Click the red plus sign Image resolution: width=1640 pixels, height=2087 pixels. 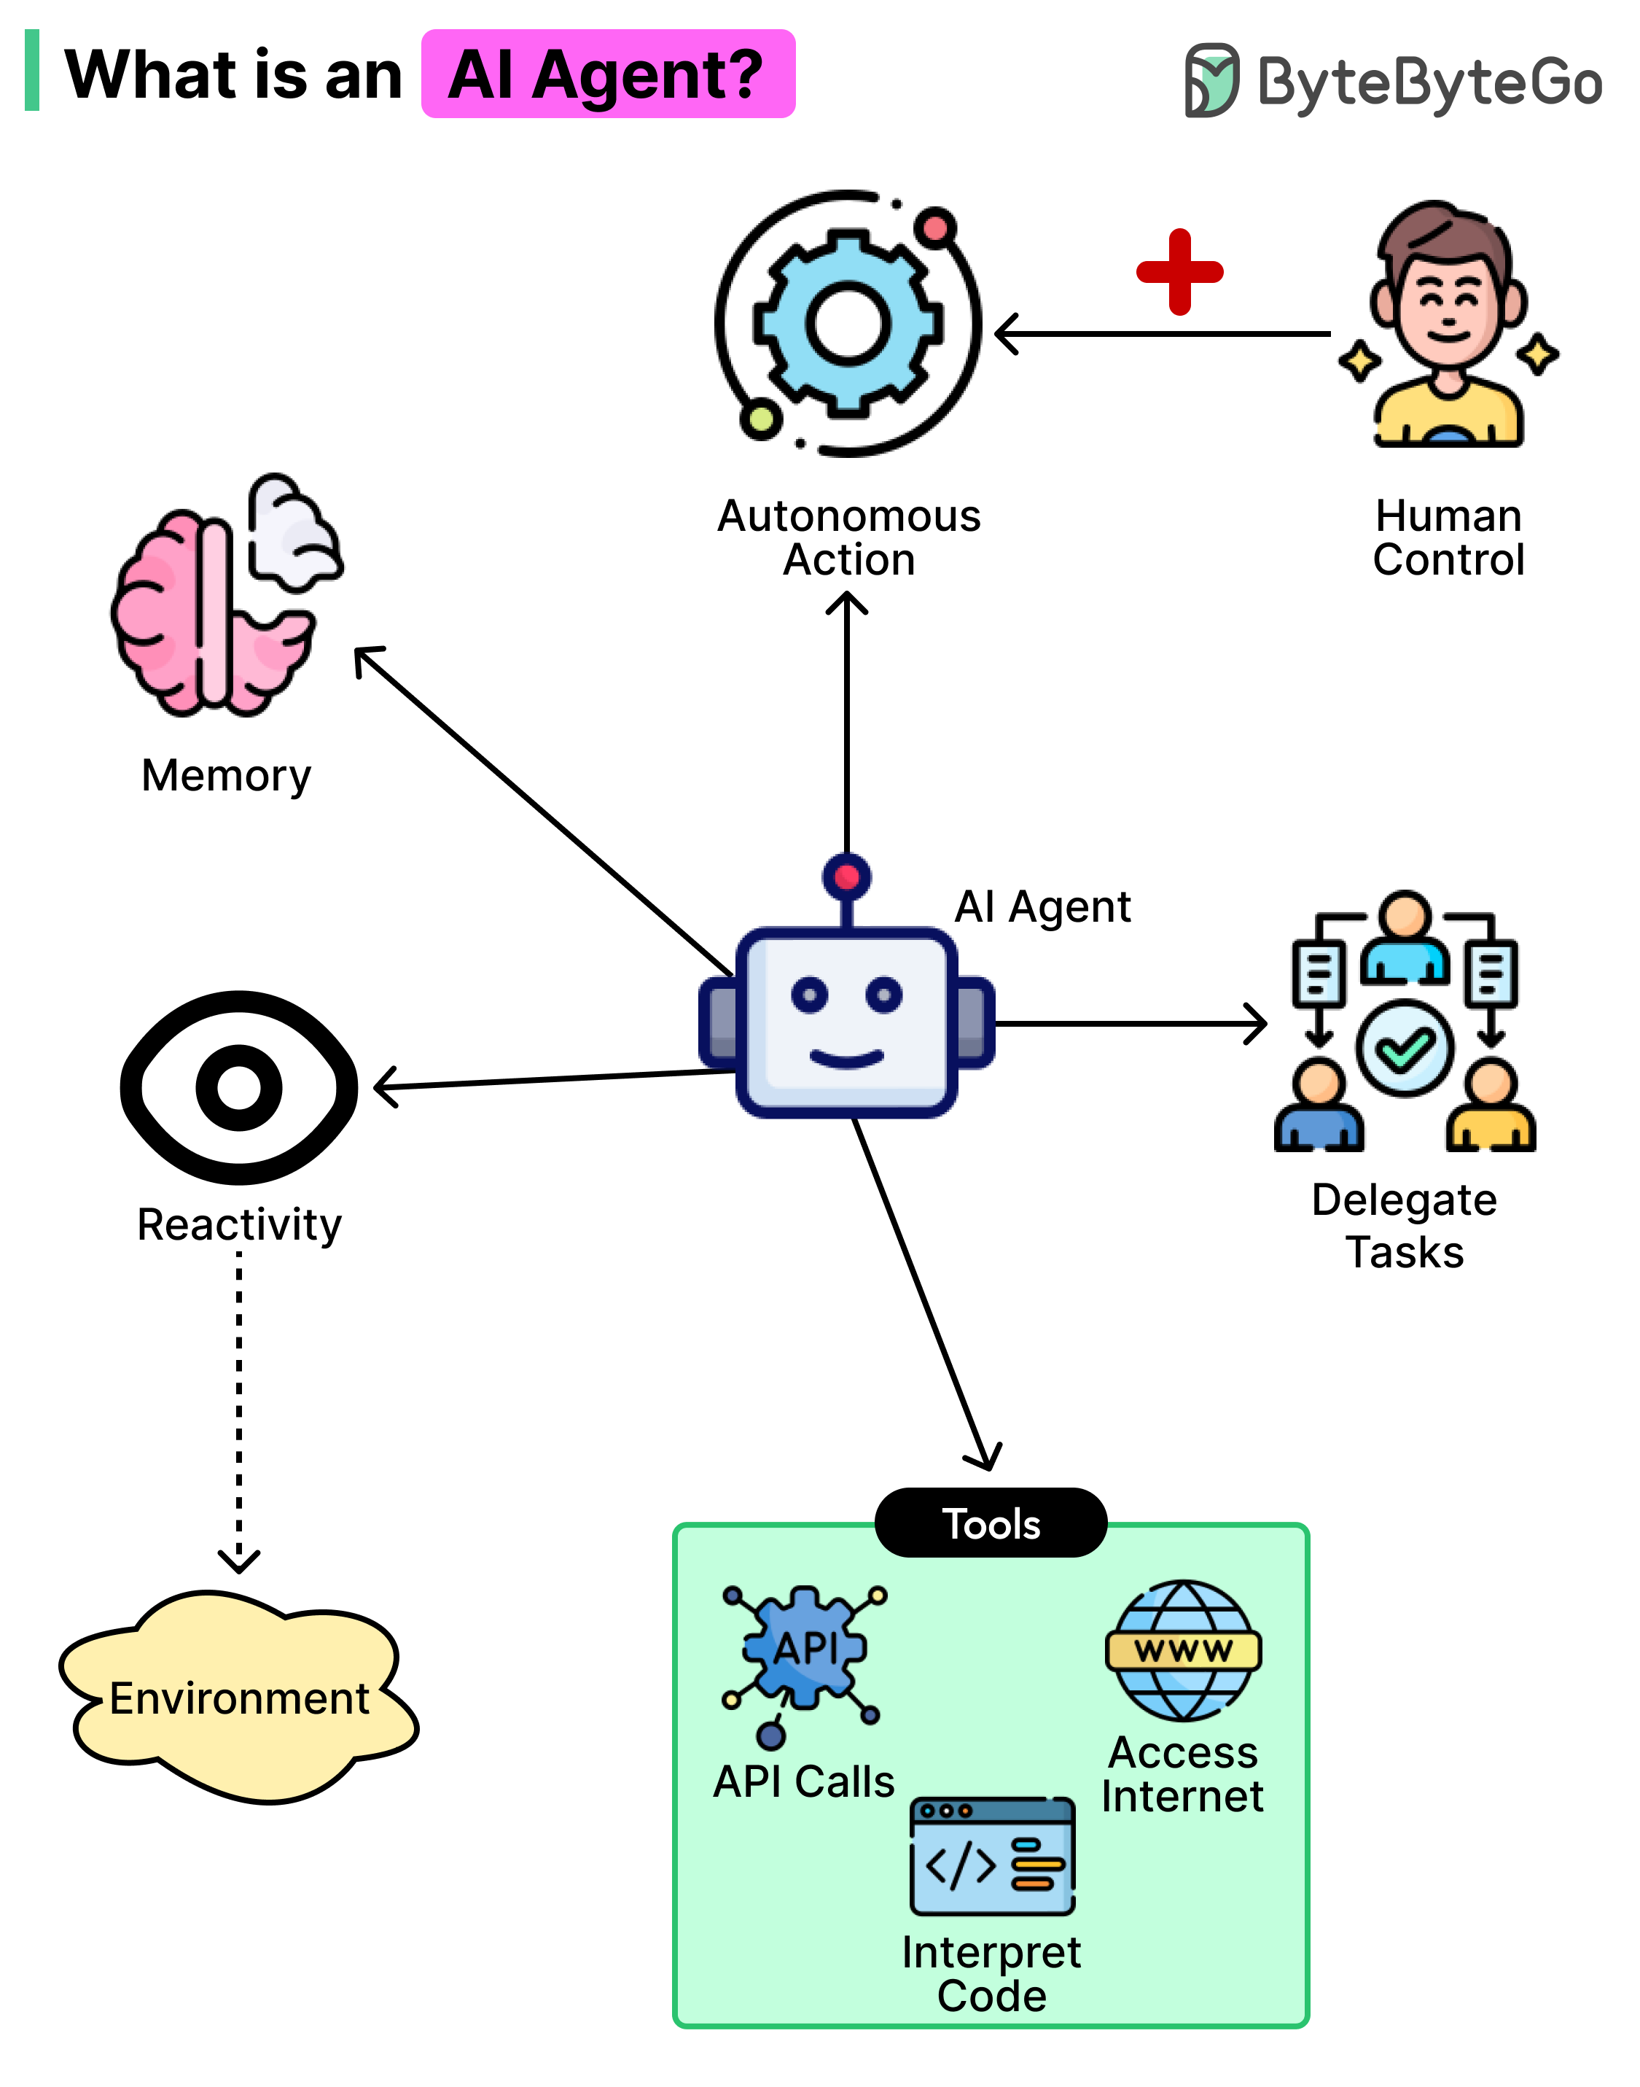[1179, 272]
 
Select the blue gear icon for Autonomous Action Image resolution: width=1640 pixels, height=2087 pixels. [847, 323]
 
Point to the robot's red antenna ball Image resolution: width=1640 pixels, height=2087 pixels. [846, 876]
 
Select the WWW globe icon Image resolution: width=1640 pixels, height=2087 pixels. [1183, 1650]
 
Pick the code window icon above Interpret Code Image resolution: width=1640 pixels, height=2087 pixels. [992, 1856]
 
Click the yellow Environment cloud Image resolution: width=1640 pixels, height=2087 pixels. [238, 1698]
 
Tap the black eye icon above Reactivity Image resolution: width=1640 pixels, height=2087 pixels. [239, 1087]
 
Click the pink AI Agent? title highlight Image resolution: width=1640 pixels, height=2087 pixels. [608, 74]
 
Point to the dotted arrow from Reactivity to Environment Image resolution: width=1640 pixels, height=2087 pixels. [239, 1402]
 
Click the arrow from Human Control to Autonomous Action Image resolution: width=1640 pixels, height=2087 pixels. [1162, 334]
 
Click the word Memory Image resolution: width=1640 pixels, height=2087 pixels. [226, 775]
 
